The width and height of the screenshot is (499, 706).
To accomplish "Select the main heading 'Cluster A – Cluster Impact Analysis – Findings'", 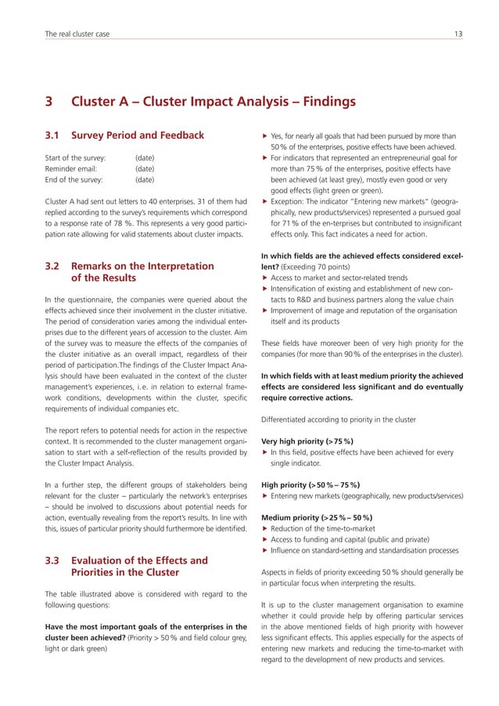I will (x=213, y=102).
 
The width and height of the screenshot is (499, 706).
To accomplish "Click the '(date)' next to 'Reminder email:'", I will (x=144, y=168).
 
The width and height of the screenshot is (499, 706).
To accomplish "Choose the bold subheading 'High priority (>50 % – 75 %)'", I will (x=311, y=484).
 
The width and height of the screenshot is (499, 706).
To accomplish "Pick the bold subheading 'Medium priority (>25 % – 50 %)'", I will (x=317, y=517).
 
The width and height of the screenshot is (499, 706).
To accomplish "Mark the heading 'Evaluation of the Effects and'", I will (x=139, y=560).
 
